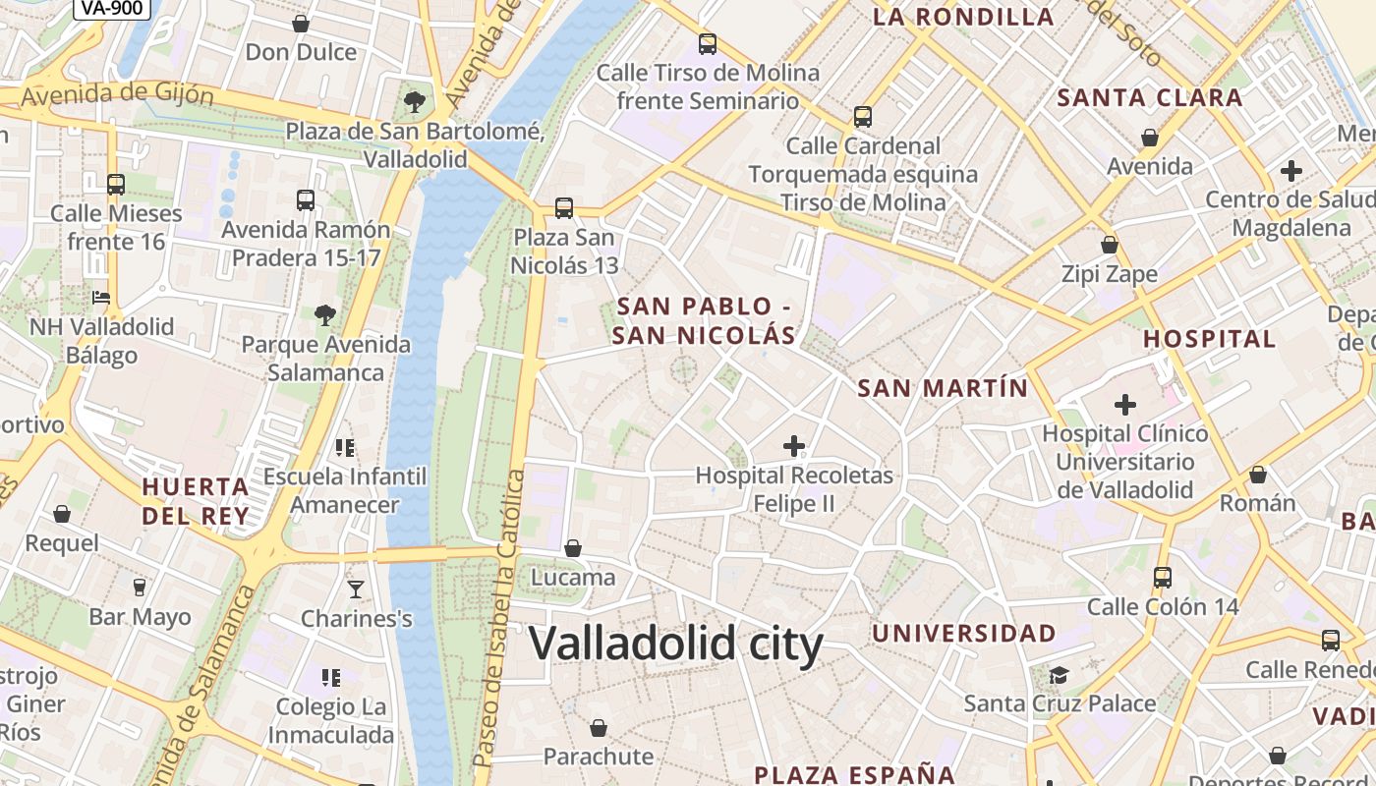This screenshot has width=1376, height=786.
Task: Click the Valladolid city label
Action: click(675, 645)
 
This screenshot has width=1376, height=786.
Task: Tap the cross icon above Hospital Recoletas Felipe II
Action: click(794, 446)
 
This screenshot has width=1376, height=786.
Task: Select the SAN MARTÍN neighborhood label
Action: click(943, 388)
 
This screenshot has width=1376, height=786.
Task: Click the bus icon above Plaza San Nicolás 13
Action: click(563, 208)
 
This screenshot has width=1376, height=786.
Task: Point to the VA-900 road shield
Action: click(111, 8)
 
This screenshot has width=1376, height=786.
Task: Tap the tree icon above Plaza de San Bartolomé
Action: click(415, 101)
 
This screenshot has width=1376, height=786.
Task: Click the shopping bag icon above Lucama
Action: click(573, 548)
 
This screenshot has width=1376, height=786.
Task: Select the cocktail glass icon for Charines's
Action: click(356, 589)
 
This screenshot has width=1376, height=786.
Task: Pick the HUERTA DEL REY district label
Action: click(196, 501)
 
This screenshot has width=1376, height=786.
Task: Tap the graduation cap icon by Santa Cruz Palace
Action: click(1059, 675)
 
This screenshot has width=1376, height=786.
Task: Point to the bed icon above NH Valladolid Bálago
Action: click(101, 298)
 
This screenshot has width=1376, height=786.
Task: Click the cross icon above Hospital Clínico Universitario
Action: click(1125, 404)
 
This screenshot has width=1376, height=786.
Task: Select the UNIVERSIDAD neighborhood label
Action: click(964, 634)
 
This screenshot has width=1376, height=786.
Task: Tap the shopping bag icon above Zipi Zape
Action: click(1110, 245)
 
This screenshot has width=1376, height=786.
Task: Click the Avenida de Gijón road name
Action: click(117, 95)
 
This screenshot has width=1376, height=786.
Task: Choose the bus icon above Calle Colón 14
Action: click(1163, 578)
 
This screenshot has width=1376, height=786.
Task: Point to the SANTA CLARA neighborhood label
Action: click(1150, 98)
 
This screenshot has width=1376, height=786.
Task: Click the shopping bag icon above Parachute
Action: click(599, 728)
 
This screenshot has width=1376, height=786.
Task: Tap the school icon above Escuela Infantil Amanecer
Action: click(345, 448)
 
